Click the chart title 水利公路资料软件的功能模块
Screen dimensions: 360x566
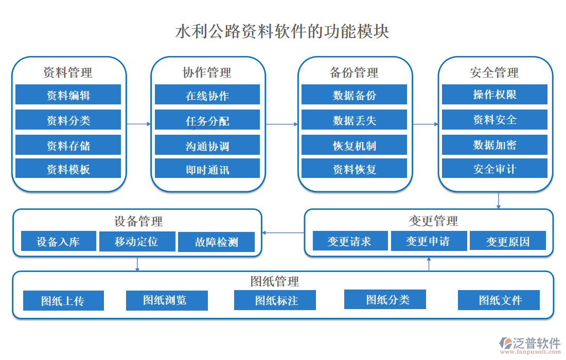[x=282, y=31]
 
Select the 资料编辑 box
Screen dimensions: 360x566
[x=68, y=95]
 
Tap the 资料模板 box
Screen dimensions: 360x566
[x=68, y=169]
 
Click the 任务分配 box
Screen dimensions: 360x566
[x=207, y=121]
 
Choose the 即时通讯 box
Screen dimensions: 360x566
[x=207, y=169]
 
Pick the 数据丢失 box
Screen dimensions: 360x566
[x=354, y=120]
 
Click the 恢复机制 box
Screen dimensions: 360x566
[x=354, y=146]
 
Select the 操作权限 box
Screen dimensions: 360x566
[x=494, y=95]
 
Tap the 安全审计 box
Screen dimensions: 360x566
[x=494, y=169]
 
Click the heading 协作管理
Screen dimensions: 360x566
[x=207, y=73]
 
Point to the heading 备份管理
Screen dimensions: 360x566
[x=354, y=73]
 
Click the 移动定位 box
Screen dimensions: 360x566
[x=136, y=241]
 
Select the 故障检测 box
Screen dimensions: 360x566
[x=216, y=242]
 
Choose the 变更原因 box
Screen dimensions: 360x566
[x=508, y=241]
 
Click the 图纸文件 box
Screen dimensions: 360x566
[x=499, y=300]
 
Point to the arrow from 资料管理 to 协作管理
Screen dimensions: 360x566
[x=138, y=124]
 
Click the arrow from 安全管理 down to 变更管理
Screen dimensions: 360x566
[x=498, y=200]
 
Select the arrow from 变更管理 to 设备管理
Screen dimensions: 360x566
[x=283, y=233]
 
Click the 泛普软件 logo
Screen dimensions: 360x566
[x=529, y=344]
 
